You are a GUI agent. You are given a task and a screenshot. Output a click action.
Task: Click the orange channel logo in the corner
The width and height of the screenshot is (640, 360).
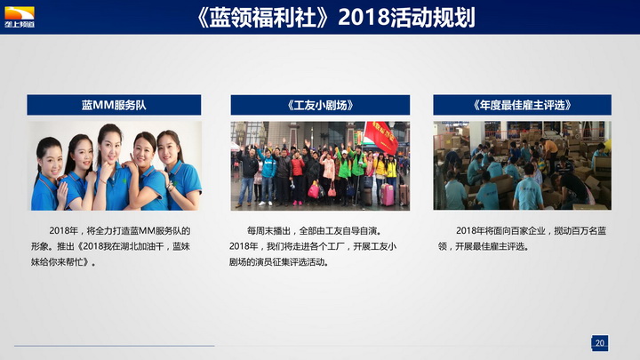[20, 17]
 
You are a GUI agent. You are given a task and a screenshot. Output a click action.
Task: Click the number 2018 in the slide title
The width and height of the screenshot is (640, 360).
[364, 18]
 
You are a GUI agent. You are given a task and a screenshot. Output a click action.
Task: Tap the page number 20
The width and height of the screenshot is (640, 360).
[600, 343]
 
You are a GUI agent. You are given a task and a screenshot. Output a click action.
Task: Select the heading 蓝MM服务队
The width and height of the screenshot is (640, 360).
[114, 105]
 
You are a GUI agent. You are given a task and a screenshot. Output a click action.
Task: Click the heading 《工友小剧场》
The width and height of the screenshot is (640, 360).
[320, 105]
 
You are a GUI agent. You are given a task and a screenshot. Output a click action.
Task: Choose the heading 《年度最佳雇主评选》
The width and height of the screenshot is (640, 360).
[522, 105]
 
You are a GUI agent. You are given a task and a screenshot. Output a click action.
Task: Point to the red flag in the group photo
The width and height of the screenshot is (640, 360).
[380, 138]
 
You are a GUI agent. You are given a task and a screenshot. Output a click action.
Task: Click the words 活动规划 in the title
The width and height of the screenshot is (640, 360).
[432, 18]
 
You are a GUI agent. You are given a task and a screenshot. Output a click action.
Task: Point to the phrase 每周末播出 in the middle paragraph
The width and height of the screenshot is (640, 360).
[268, 231]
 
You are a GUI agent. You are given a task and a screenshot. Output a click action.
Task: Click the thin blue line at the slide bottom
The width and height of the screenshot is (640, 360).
[115, 346]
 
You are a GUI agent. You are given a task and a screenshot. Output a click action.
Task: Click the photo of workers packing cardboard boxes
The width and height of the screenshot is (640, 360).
[522, 165]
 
